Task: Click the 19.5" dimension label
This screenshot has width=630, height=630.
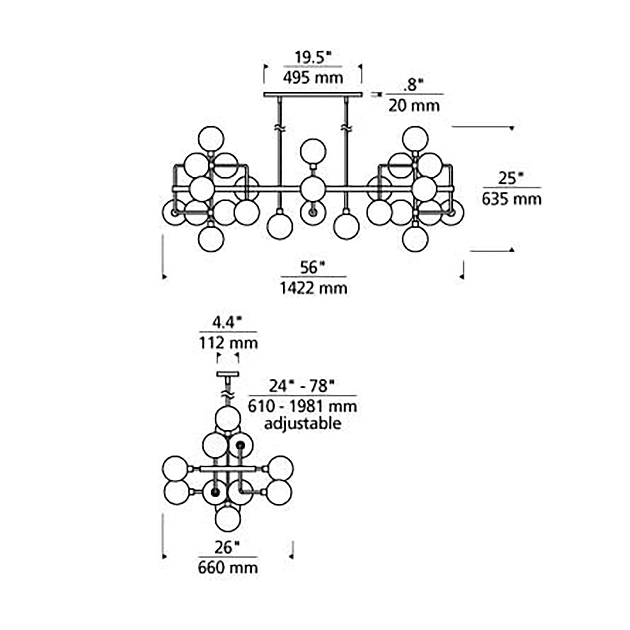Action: pos(313,58)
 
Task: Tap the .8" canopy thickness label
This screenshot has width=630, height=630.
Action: pos(413,86)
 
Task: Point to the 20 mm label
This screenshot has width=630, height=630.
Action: pos(414,106)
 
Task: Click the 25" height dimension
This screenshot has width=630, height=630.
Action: pos(511,179)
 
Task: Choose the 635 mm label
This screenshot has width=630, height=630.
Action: pos(512,199)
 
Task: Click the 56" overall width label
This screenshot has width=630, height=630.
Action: pos(313,268)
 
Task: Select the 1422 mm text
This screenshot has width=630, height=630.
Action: pos(314,288)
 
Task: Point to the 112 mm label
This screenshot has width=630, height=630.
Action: pos(228,343)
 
